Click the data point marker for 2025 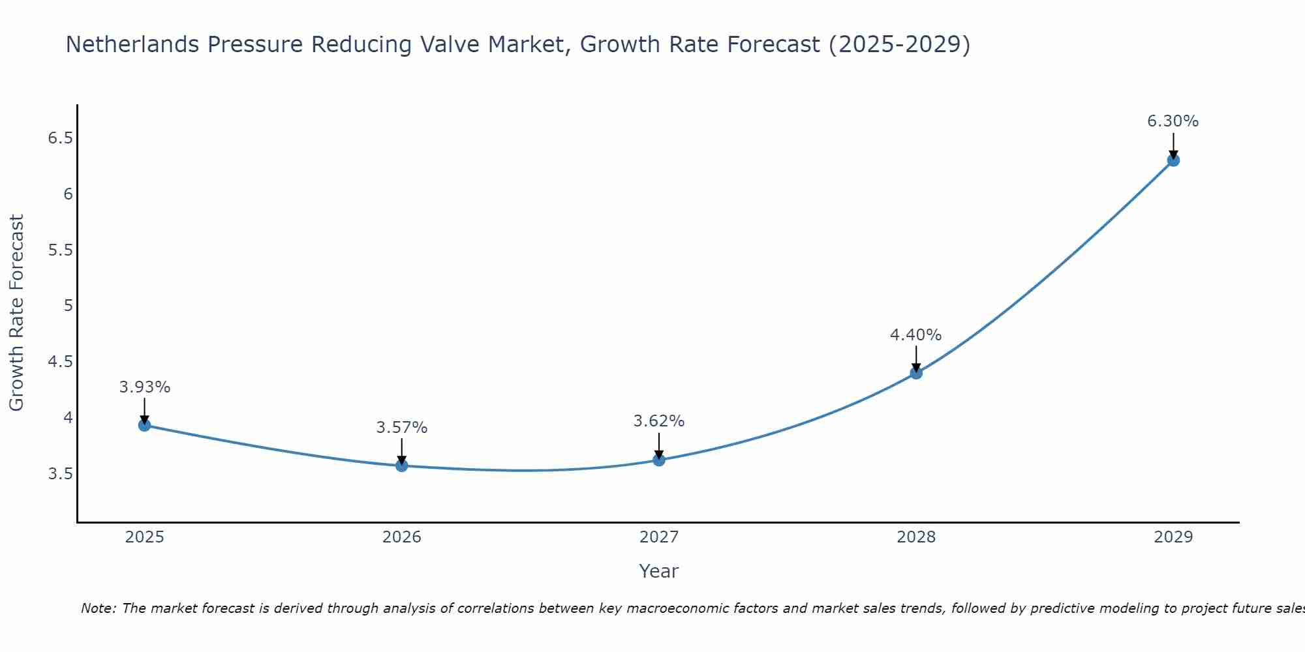coord(145,425)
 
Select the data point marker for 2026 coord(402,466)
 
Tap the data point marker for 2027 coord(659,460)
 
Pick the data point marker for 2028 coord(916,373)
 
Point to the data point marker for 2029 coord(1173,160)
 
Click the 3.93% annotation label coord(145,387)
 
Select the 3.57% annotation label coord(402,428)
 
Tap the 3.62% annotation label coord(659,421)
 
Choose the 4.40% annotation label coord(916,335)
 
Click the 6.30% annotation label coord(1173,121)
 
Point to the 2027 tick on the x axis coord(659,537)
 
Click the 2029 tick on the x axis coord(1173,537)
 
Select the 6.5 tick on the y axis coord(60,138)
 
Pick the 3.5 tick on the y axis coord(60,473)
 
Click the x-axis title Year coord(659,571)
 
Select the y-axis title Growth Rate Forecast coord(16,313)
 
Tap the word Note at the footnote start coord(98,608)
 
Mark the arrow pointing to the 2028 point coord(916,359)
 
